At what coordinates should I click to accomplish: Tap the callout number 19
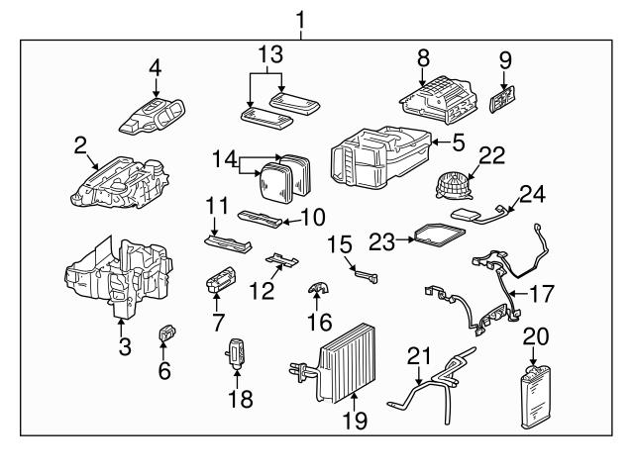(x=354, y=421)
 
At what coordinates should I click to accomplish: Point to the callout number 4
(x=156, y=67)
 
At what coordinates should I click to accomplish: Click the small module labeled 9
(x=505, y=100)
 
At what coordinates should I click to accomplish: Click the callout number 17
(x=543, y=294)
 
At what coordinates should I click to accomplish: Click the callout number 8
(x=423, y=57)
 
